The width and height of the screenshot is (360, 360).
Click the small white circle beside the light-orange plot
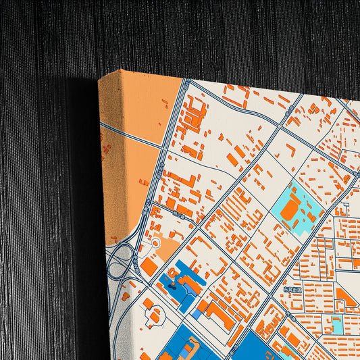point(156,242)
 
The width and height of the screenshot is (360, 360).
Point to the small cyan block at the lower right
point(336,326)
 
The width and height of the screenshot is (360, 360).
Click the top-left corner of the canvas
point(100,79)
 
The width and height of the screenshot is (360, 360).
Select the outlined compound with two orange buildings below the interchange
point(154,314)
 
